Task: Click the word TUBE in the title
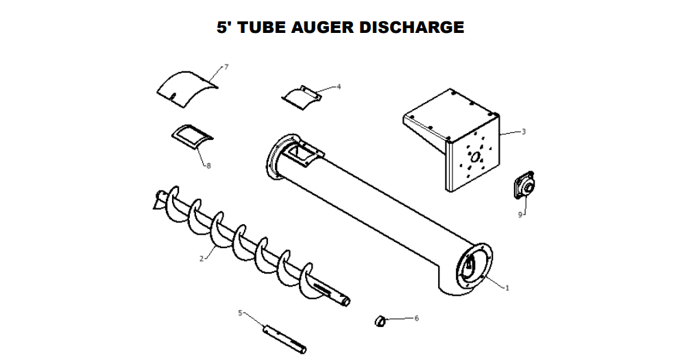pyautogui.click(x=260, y=27)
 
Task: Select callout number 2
pyautogui.click(x=202, y=259)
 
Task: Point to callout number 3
pyautogui.click(x=524, y=131)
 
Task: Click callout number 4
pyautogui.click(x=338, y=87)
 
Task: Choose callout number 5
pyautogui.click(x=241, y=313)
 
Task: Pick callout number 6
pyautogui.click(x=416, y=318)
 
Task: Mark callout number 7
pyautogui.click(x=226, y=67)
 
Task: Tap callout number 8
pyautogui.click(x=208, y=165)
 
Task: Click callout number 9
pyautogui.click(x=520, y=214)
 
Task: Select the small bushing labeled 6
pyautogui.click(x=380, y=320)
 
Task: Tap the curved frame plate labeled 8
pyautogui.click(x=190, y=134)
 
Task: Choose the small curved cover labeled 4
pyautogui.click(x=302, y=97)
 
